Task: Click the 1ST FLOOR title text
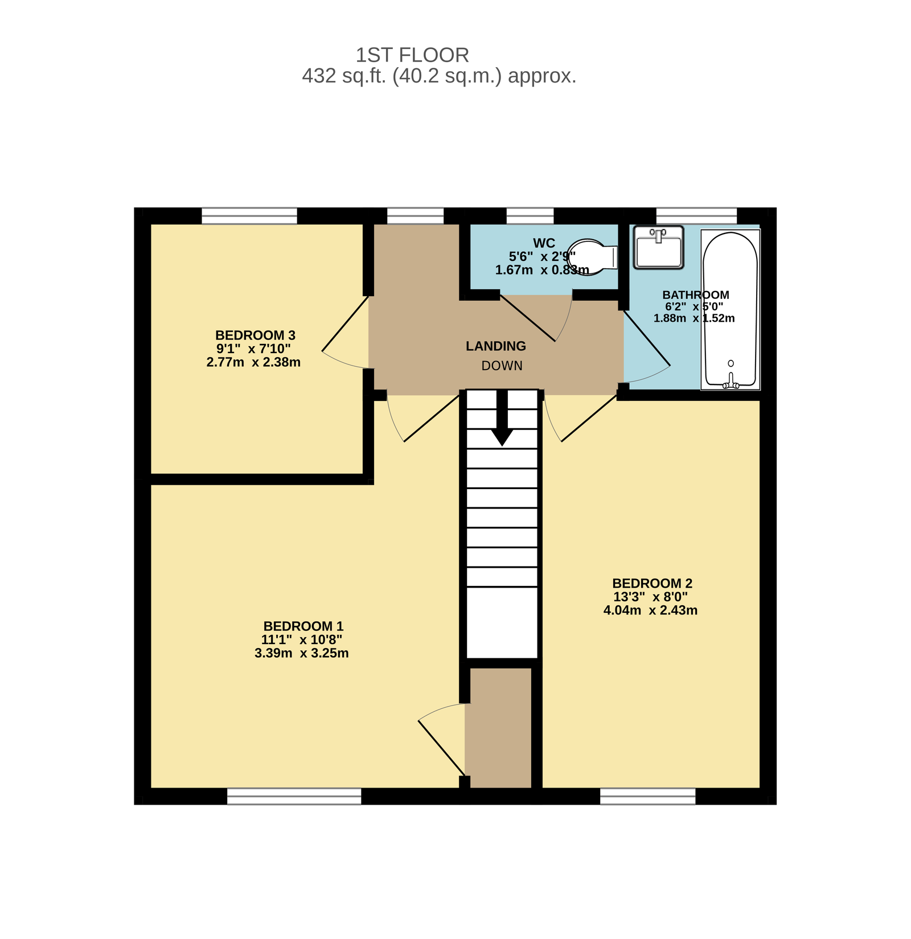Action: [412, 55]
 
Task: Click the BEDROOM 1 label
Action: [303, 626]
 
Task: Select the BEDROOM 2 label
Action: [652, 584]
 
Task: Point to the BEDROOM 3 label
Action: [255, 335]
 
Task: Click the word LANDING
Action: [496, 346]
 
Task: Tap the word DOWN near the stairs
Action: [502, 366]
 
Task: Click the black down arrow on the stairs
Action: [502, 418]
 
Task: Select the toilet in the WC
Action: [593, 257]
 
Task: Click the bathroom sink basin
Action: [659, 247]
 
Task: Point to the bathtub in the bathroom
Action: [731, 310]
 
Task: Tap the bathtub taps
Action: [731, 380]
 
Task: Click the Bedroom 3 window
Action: [249, 216]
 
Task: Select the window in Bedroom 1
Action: [294, 796]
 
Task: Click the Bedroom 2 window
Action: [648, 796]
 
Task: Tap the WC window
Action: [530, 216]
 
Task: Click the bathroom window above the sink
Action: [697, 216]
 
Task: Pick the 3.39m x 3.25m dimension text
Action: [302, 653]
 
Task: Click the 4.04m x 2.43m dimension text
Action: [651, 610]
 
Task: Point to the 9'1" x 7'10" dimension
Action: [253, 348]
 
